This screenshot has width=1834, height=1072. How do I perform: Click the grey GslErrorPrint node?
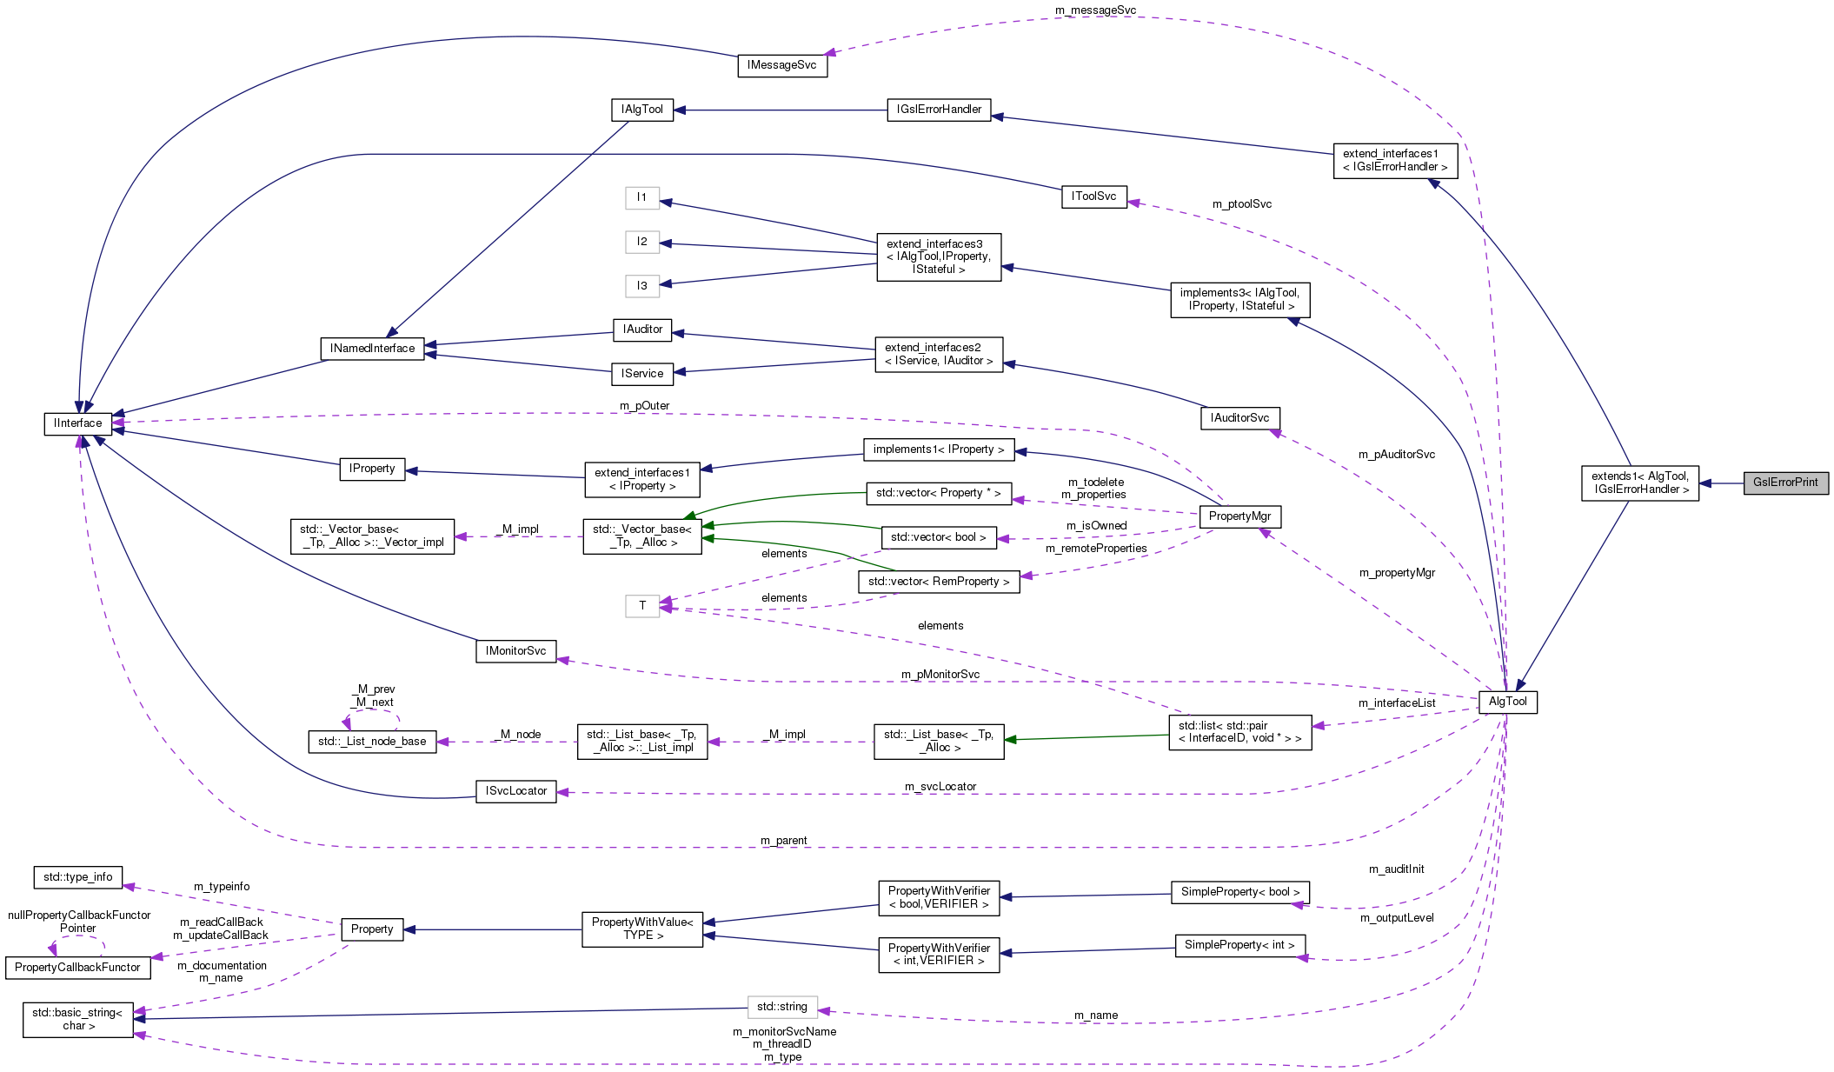[x=1785, y=483]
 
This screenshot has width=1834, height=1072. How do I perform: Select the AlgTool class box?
[x=1507, y=702]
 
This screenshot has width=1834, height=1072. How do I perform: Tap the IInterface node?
[x=78, y=423]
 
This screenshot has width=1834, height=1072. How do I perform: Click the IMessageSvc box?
[x=782, y=65]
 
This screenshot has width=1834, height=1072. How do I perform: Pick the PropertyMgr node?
[x=1239, y=516]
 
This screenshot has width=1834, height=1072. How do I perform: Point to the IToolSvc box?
[x=1093, y=196]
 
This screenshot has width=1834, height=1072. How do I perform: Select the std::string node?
[x=782, y=1007]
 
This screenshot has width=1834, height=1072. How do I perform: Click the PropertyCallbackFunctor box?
[x=77, y=968]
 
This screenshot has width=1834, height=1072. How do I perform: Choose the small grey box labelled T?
[x=642, y=606]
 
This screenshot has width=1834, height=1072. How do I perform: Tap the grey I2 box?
[x=642, y=242]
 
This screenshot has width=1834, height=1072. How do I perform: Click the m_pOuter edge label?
[x=644, y=406]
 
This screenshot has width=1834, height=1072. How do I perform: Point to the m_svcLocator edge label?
[x=940, y=787]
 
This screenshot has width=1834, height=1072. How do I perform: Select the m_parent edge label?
[x=783, y=841]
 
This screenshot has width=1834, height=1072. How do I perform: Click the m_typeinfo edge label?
[x=222, y=887]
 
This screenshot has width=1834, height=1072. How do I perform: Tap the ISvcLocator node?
[x=516, y=791]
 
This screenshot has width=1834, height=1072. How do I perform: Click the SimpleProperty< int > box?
[x=1239, y=945]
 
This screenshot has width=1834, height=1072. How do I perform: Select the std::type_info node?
[x=78, y=877]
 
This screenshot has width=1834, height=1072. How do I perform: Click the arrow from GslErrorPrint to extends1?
[x=1721, y=483]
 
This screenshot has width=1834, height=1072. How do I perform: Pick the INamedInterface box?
[x=373, y=349]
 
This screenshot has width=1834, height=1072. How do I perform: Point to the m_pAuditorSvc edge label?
[x=1397, y=455]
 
